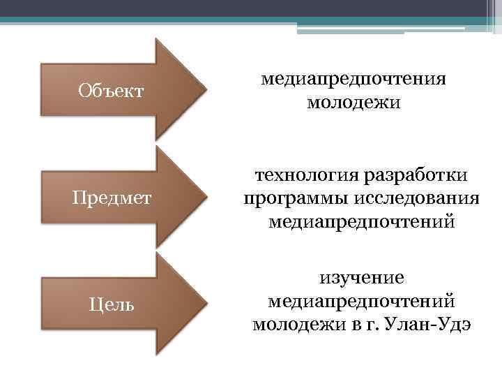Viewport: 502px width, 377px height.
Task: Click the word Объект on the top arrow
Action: point(111,90)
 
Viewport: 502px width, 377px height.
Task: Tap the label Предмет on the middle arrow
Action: point(112,198)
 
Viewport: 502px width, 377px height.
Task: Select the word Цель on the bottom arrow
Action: point(111,304)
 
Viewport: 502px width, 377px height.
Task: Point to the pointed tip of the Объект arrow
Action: point(206,89)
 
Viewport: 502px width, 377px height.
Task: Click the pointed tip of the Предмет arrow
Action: point(206,197)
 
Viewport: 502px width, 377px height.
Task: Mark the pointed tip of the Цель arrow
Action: point(206,303)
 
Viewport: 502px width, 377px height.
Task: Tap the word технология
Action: point(298,175)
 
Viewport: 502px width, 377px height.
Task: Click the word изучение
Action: point(362,278)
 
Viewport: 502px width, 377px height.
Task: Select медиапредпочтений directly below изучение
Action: point(362,301)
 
